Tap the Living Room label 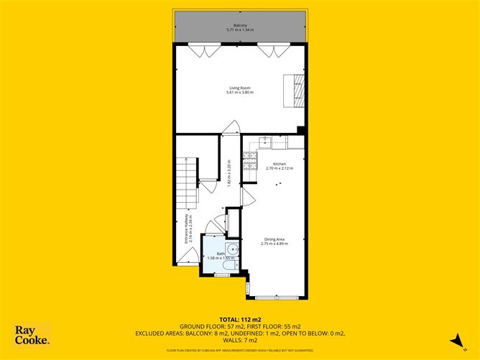[240, 88]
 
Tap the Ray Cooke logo [32, 336]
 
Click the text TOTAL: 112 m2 [240, 319]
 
